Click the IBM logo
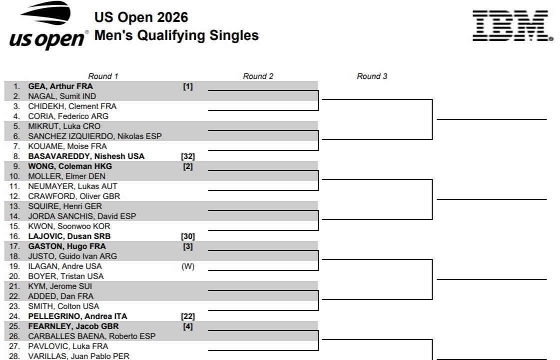[x=513, y=25]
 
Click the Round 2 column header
[x=258, y=76]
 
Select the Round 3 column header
[x=372, y=76]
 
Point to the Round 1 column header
[x=103, y=76]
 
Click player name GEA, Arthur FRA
[x=60, y=86]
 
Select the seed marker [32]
[x=188, y=156]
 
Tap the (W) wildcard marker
[x=188, y=266]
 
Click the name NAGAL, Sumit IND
[x=62, y=96]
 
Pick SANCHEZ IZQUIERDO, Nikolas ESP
[x=95, y=136]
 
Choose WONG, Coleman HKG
[x=70, y=166]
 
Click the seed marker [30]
[x=188, y=236]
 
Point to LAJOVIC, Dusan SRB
[x=69, y=236]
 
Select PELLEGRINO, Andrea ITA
[x=77, y=316]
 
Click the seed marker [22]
[x=188, y=316]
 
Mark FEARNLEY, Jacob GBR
[x=73, y=326]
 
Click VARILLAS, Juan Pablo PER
[x=78, y=356]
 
